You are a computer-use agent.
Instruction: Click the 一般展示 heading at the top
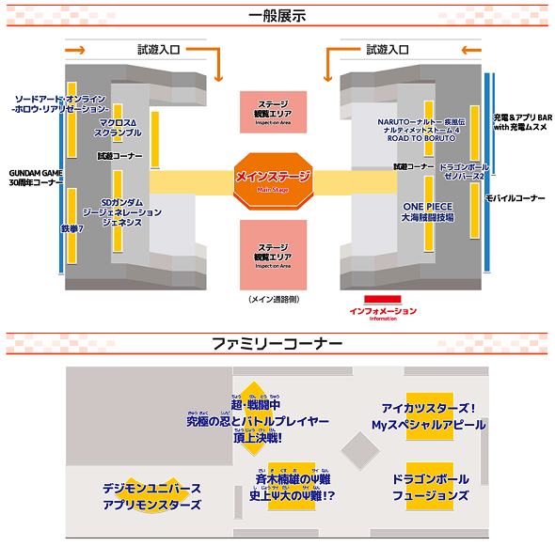(277, 17)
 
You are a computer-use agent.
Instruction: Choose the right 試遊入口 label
(388, 49)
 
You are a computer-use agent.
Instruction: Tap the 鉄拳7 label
(74, 228)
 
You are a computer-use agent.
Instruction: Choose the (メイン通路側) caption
(274, 298)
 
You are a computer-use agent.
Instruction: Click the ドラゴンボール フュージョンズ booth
(430, 485)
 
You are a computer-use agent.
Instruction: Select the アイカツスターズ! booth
(430, 417)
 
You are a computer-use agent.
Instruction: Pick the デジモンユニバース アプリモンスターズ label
(152, 497)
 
